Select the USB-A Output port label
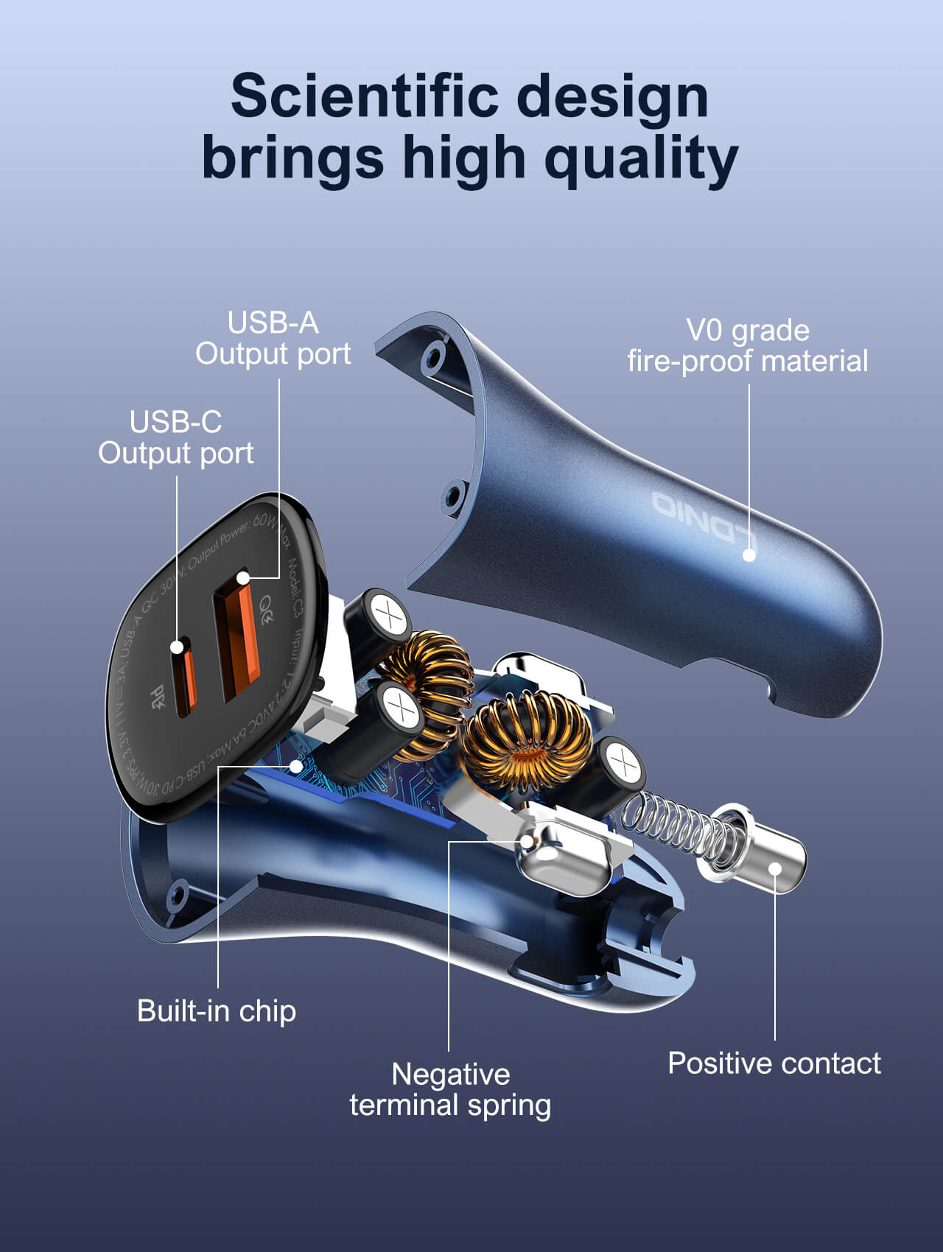273,338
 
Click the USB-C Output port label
176,437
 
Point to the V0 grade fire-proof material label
747,346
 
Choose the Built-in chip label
217,1010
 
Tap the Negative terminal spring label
450,1089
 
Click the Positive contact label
774,1063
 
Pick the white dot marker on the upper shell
749,555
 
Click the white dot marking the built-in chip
296,766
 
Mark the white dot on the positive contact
775,868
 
